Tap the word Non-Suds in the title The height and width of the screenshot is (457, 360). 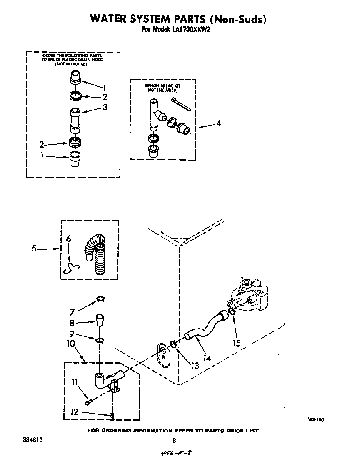(x=238, y=19)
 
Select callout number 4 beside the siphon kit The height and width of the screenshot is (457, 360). (x=218, y=123)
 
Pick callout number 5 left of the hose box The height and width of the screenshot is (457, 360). (x=35, y=249)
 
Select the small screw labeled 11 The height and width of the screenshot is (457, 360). (x=89, y=402)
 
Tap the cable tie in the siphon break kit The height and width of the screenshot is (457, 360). (x=181, y=104)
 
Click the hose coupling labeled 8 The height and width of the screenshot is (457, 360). (x=100, y=321)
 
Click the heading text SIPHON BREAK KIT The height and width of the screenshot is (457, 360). (x=162, y=86)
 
